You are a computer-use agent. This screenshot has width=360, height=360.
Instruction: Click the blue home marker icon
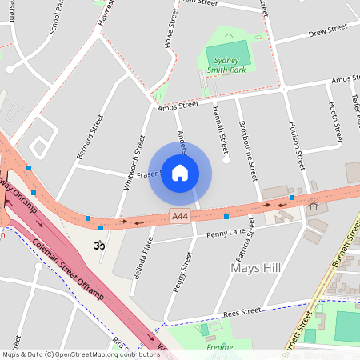coord(180,173)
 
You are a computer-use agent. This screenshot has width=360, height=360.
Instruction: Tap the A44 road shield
coord(180,216)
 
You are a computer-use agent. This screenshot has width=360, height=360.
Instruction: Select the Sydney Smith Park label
coord(226,65)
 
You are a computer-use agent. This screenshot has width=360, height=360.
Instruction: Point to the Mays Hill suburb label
coord(254,267)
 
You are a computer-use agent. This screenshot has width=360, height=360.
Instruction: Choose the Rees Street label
coord(242,311)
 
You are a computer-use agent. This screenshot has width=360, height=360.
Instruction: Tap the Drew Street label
coord(328,30)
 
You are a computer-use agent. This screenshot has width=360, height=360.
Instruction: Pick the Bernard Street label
coord(90,137)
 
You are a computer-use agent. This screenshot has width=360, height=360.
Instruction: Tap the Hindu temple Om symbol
coord(100,244)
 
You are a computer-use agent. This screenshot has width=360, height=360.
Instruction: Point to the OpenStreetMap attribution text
coord(70,354)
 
